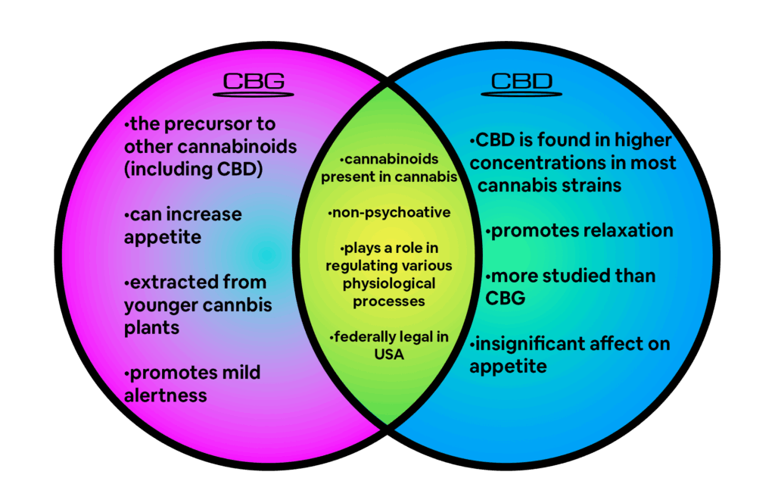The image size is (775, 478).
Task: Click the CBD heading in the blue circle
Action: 521,81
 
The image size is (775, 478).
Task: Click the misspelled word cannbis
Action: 237,306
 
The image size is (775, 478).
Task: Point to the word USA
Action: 389,355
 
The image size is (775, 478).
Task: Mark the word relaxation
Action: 627,230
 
